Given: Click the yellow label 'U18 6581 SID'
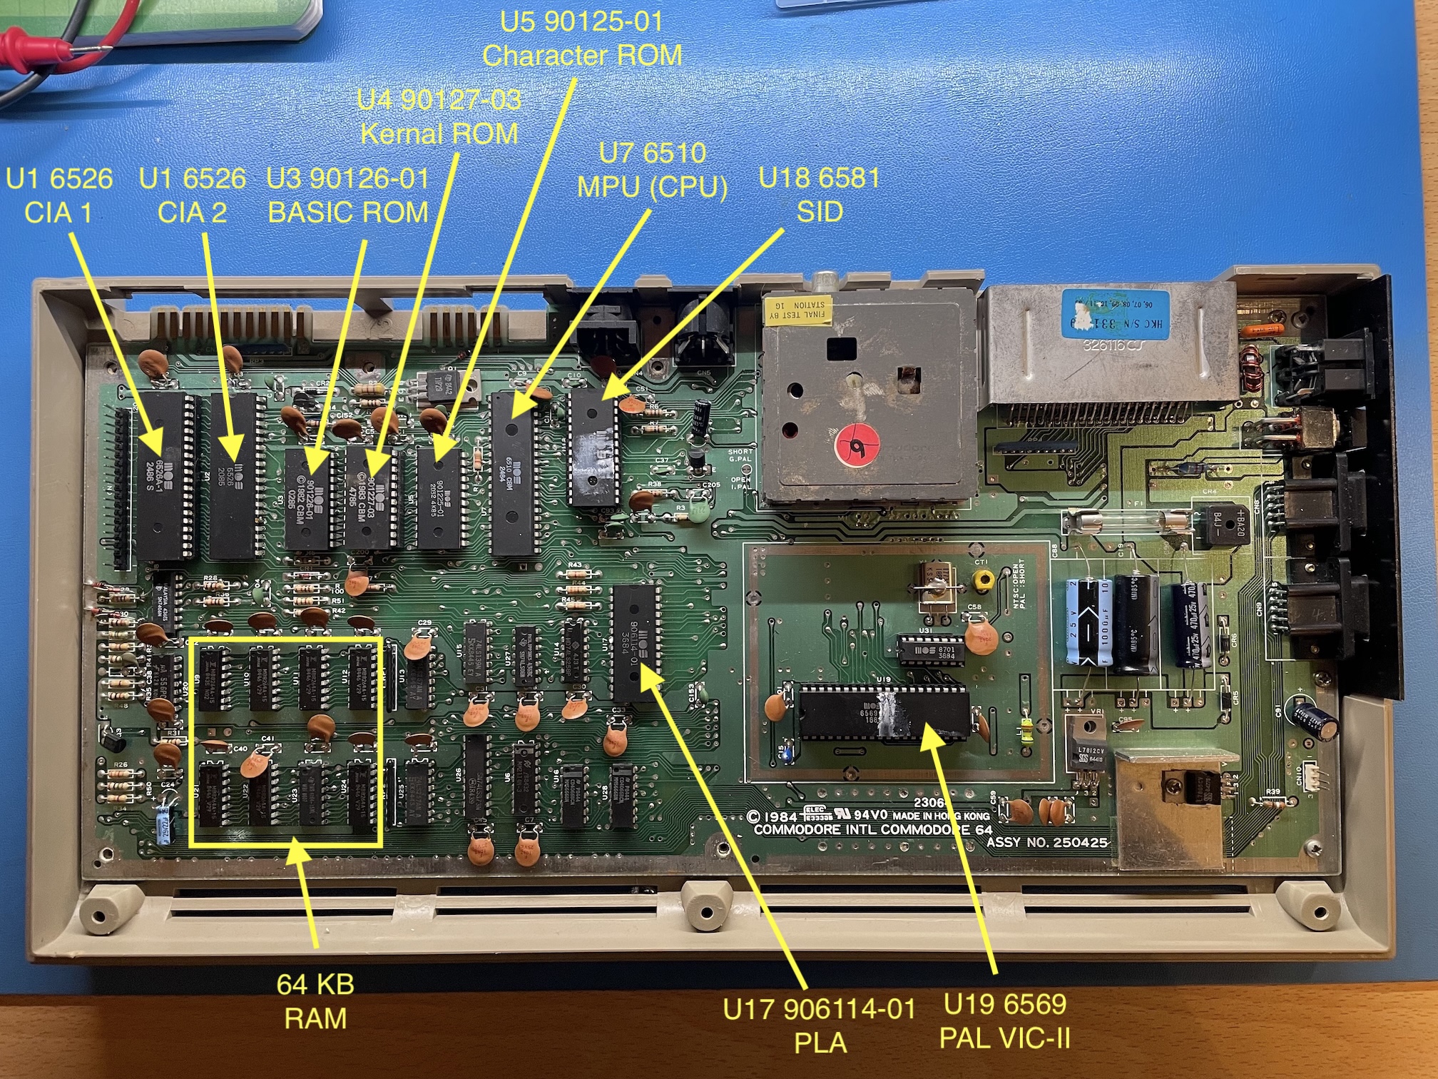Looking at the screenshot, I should pyautogui.click(x=819, y=194).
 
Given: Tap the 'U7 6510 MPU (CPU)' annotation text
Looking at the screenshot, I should pyautogui.click(x=652, y=170).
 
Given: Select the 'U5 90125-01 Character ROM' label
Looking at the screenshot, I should pyautogui.click(x=581, y=38).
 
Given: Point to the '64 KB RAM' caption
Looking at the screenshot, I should pyautogui.click(x=315, y=1001).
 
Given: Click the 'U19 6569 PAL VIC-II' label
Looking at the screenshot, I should pyautogui.click(x=1005, y=1020).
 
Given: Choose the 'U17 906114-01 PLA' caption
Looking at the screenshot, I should pyautogui.click(x=820, y=1025).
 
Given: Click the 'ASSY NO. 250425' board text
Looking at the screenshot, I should pyautogui.click(x=1046, y=843).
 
